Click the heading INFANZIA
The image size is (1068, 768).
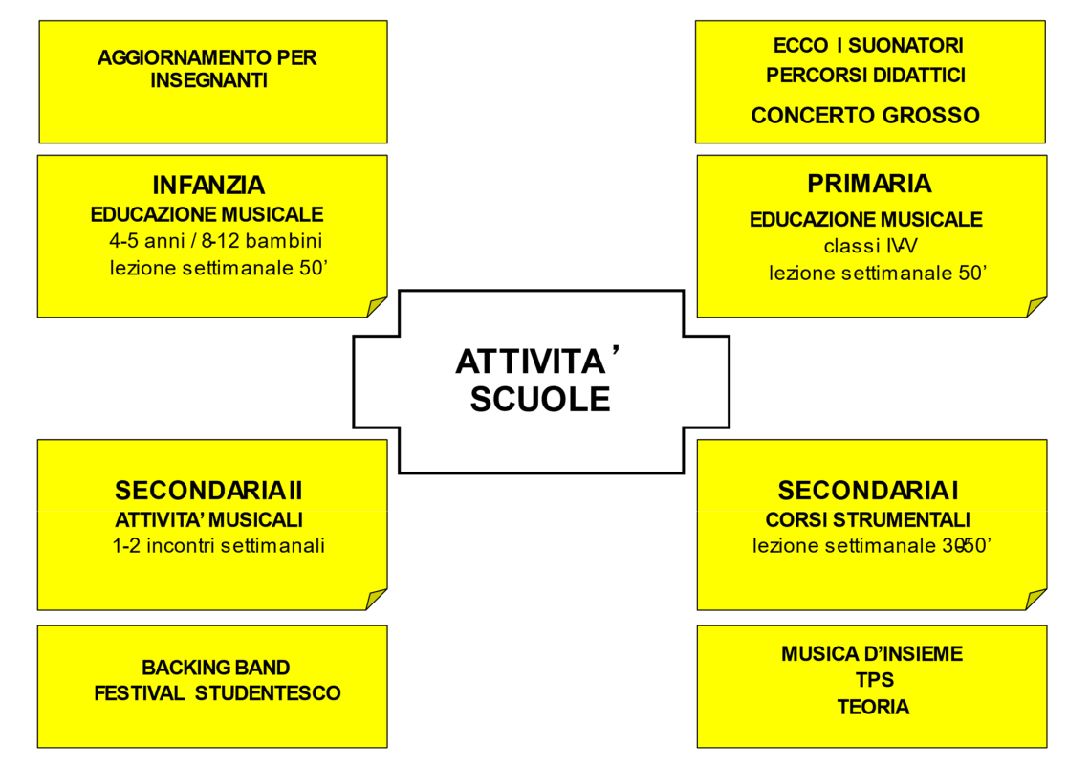click(x=208, y=185)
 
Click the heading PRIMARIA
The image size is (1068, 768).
click(x=869, y=183)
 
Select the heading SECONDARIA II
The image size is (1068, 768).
click(x=208, y=491)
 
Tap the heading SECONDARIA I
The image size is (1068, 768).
click(x=868, y=491)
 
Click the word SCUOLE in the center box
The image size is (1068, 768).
click(x=539, y=399)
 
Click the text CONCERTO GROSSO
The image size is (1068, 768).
click(x=865, y=116)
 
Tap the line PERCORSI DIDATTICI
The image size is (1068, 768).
click(x=865, y=75)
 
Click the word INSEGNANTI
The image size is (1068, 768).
click(x=208, y=80)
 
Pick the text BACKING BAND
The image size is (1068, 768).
click(x=216, y=667)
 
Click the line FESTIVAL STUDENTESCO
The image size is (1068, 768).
click(x=217, y=693)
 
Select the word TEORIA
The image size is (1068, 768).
click(x=873, y=708)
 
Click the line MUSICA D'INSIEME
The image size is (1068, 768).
click(x=872, y=654)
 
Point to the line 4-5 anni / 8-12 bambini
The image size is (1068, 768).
click(x=215, y=240)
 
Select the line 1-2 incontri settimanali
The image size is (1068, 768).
click(x=218, y=547)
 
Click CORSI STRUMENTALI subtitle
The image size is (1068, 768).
click(x=868, y=520)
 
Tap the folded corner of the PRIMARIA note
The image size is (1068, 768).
click(x=1037, y=306)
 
